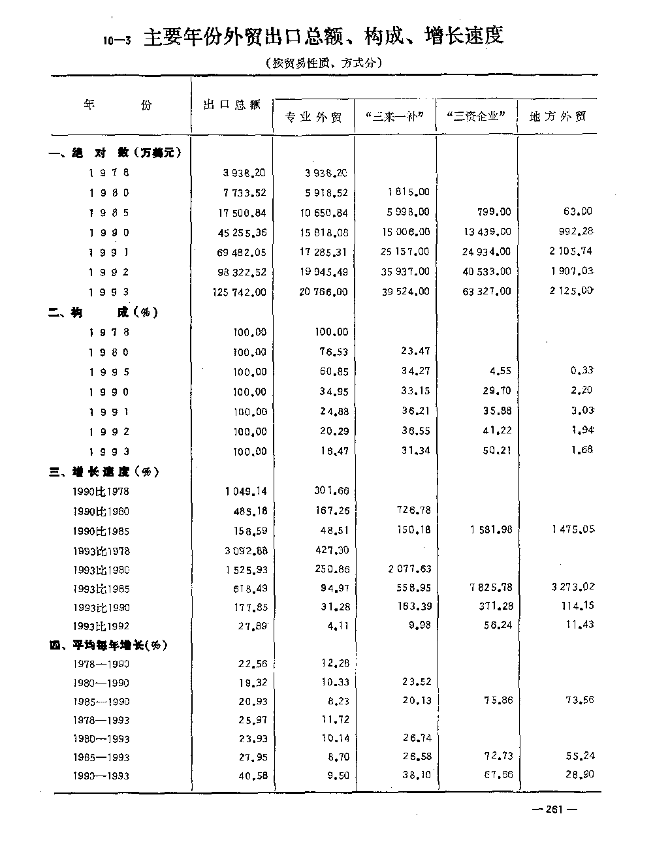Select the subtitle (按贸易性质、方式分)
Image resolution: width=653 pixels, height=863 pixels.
click(323, 63)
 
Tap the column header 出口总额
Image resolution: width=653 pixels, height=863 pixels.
click(232, 105)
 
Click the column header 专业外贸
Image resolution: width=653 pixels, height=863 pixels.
click(313, 118)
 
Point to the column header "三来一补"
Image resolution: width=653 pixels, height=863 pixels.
click(395, 118)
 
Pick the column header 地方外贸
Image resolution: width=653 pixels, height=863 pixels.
click(558, 117)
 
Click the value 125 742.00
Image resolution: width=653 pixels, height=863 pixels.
click(240, 292)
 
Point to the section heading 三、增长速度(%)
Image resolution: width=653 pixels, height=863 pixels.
click(104, 472)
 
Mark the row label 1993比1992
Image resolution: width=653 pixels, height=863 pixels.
click(101, 626)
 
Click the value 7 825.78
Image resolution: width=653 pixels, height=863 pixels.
click(487, 588)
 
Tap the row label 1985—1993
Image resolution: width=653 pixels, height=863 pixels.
click(101, 758)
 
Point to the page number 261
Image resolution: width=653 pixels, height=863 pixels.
click(554, 809)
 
